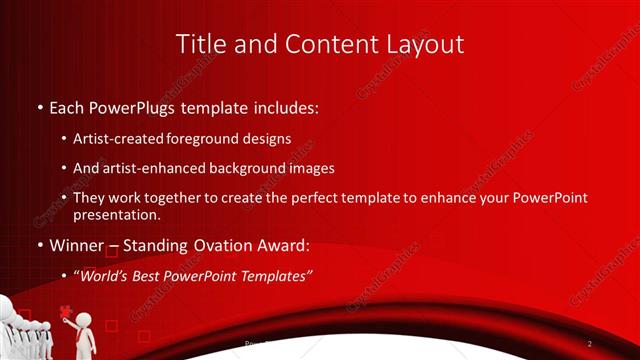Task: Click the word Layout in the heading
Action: click(424, 44)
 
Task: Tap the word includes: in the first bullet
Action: click(290, 105)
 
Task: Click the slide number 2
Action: click(590, 344)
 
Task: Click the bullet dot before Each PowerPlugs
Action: click(39, 106)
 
